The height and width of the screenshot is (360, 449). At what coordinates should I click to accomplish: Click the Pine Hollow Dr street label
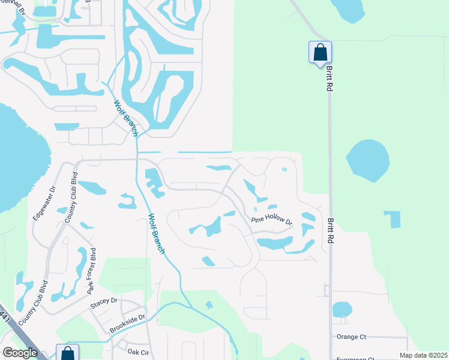tap(271, 221)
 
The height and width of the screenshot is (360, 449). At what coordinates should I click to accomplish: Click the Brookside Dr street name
tap(128, 324)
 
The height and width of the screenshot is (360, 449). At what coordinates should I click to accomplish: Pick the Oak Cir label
tap(138, 352)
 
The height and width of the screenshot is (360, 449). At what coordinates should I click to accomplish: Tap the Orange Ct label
tap(351, 337)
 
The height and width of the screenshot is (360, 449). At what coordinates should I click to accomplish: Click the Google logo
tap(20, 353)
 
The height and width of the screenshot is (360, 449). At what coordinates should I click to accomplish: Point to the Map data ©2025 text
tap(423, 355)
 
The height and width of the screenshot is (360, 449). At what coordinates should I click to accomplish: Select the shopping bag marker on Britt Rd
tap(320, 52)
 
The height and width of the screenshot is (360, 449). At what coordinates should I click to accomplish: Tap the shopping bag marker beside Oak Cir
tap(67, 353)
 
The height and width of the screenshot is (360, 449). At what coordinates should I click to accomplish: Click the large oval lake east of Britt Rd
tap(367, 161)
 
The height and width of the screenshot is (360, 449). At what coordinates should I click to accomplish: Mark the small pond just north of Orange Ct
tap(342, 309)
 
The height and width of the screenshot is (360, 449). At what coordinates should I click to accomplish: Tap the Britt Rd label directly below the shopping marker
tap(330, 79)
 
